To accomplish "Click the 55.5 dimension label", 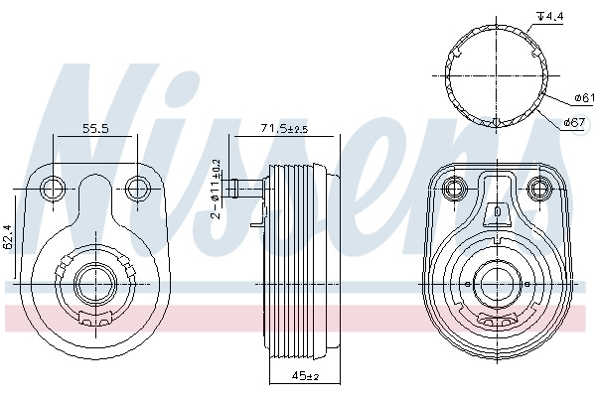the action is pos(95,128).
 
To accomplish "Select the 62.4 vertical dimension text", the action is pos(8,236).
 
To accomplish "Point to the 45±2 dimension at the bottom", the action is pos(305,376).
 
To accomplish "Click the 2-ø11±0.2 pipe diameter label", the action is pos(217,189).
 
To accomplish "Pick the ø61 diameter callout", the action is pos(585,98).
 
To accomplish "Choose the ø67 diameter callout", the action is pos(574,122).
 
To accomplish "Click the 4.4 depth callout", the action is pos(549,16).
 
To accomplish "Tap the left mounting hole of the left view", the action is pos(53,189).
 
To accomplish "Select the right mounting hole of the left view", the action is pos(138,189).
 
